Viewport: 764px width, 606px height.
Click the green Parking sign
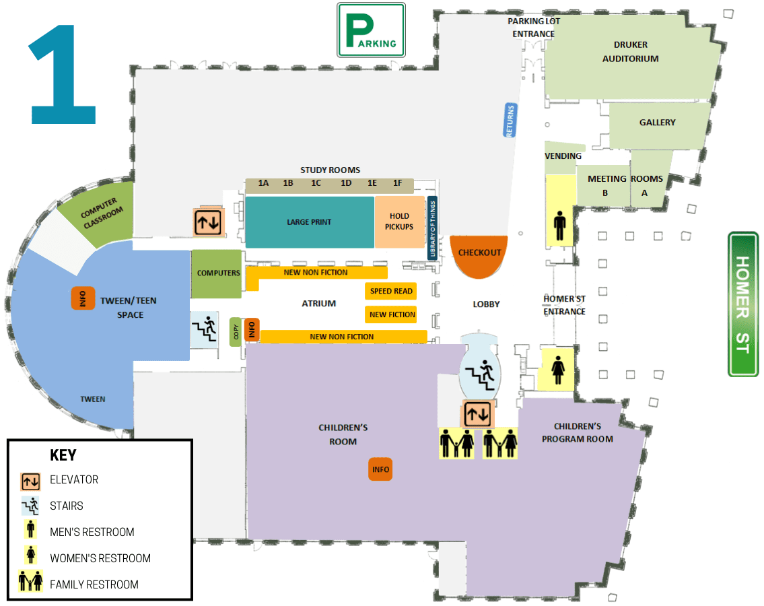coord(371,30)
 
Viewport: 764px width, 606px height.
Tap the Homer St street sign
coord(743,304)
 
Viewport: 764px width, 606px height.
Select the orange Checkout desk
coord(479,255)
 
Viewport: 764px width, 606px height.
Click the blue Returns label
coord(510,121)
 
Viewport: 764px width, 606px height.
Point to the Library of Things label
coord(431,228)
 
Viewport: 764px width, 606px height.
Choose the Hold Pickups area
coord(399,222)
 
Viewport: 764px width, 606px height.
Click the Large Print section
coord(309,222)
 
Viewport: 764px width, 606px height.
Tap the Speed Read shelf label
coord(390,292)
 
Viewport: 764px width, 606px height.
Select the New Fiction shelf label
coord(392,314)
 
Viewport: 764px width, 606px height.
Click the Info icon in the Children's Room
coord(380,469)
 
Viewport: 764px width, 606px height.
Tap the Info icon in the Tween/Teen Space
coord(83,298)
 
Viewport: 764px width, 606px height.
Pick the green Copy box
coord(236,332)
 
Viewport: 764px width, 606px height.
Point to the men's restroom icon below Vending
coord(559,226)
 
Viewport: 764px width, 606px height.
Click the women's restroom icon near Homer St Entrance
coord(558,370)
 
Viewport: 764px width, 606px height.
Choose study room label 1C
coord(316,183)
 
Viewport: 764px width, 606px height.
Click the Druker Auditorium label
coord(630,52)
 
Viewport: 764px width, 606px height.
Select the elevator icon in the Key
coord(30,481)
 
